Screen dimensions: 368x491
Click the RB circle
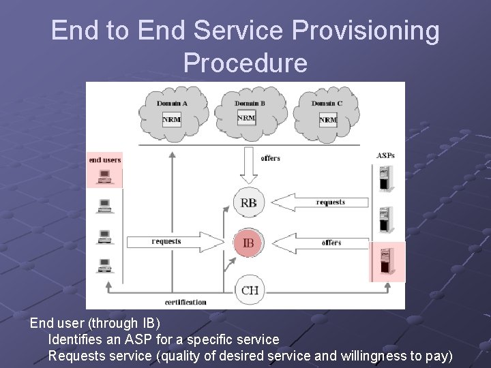coord(250,203)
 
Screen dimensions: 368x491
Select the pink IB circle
coord(250,242)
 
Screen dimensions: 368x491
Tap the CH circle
coord(250,290)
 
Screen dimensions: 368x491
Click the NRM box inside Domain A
coord(172,119)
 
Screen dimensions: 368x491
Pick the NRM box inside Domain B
coord(246,118)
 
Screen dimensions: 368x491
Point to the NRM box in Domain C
coord(328,119)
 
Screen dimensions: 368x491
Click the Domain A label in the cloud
coord(172,104)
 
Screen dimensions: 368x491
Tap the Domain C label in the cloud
coord(326,104)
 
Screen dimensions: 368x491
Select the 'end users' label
coord(104,160)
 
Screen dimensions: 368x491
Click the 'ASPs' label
coord(385,156)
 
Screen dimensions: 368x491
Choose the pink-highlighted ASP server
coord(386,262)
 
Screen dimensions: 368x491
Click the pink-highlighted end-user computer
coord(104,177)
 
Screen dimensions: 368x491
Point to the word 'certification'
coord(185,302)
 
